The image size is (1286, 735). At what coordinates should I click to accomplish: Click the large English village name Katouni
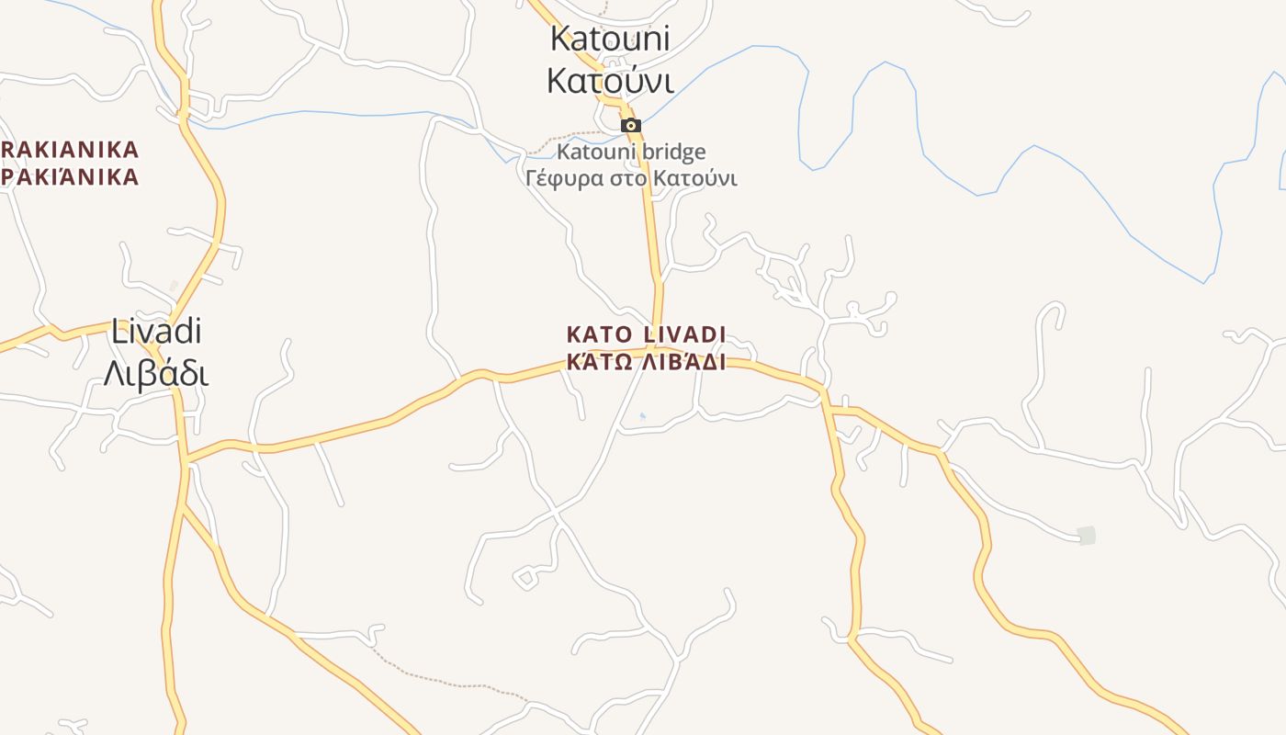coord(610,39)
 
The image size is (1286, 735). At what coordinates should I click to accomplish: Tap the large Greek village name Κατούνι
coord(610,81)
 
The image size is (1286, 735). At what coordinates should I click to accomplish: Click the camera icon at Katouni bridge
coord(630,126)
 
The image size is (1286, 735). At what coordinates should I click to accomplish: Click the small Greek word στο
coord(622,177)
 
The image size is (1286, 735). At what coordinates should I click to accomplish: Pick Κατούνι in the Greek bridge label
coord(694,177)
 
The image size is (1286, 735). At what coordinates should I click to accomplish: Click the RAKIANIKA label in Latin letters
coord(69,150)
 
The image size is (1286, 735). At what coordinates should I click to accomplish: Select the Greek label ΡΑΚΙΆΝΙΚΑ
coord(69,176)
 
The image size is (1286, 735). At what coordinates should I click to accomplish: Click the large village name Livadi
coord(156,332)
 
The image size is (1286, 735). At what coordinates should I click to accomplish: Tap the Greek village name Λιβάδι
coord(156,374)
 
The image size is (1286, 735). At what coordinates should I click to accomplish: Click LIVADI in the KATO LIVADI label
coord(678,334)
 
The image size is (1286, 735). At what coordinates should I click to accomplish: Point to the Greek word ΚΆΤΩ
coord(597,361)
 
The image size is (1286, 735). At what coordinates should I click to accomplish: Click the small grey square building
coord(1087,535)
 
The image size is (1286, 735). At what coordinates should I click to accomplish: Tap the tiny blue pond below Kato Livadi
coord(642,416)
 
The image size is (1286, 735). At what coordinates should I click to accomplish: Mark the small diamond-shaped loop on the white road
coord(525,578)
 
